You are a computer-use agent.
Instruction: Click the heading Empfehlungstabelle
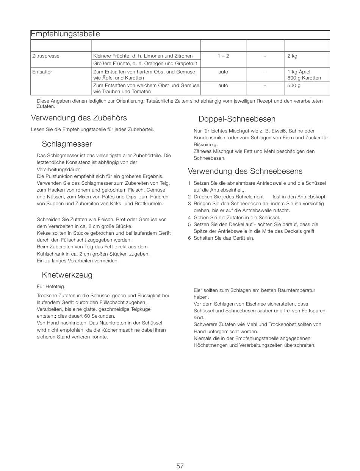point(65,34)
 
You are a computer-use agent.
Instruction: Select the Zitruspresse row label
point(46,56)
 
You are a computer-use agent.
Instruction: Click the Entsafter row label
point(42,72)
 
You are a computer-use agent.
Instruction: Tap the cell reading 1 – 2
point(223,56)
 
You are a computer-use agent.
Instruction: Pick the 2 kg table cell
point(292,56)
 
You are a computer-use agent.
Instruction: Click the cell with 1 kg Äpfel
point(299,72)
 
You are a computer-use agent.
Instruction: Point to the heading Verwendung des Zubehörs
point(79,118)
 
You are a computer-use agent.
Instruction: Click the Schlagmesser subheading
point(67,144)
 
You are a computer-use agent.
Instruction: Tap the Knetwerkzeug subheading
point(67,275)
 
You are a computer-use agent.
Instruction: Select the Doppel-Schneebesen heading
point(237,119)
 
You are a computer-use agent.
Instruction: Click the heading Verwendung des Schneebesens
point(245,171)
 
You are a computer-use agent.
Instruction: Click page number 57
point(180,466)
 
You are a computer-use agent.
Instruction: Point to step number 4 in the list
point(189,218)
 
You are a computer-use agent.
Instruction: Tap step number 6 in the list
point(189,238)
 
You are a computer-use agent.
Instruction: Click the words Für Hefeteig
point(51,287)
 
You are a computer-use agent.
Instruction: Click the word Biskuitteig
point(206,145)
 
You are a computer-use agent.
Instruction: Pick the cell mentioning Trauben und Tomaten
point(146,89)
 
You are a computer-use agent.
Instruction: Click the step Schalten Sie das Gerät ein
point(224,238)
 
